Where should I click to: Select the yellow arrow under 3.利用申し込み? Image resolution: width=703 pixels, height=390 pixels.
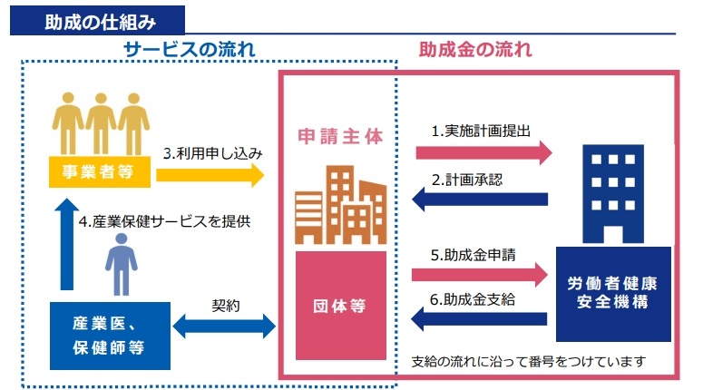[x=210, y=173]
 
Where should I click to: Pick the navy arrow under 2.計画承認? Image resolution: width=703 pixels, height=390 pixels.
[x=481, y=199]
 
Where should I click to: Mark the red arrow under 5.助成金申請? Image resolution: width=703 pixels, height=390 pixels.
[x=481, y=274]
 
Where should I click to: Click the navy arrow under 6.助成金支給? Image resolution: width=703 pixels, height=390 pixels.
[x=481, y=318]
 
